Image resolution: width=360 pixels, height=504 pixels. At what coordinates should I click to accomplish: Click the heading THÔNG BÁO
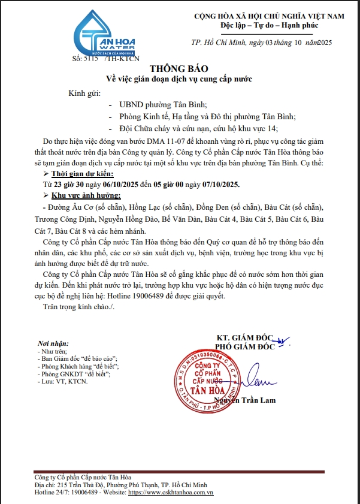click(180, 68)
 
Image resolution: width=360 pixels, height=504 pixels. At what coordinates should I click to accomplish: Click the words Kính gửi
click(84, 93)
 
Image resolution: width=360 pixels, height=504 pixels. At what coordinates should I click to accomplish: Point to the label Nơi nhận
click(52, 343)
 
